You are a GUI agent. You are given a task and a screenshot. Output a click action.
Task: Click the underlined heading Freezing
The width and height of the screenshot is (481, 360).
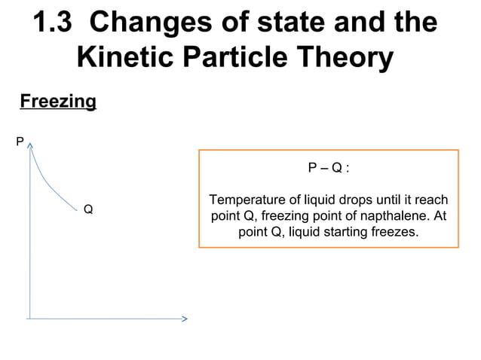point(57,101)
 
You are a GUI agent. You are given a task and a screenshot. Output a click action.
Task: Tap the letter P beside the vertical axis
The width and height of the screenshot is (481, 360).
point(20,141)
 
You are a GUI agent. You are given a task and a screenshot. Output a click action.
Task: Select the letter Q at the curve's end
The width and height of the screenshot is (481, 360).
point(88,209)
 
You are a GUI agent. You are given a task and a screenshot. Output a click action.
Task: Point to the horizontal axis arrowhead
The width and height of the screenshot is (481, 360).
point(183,319)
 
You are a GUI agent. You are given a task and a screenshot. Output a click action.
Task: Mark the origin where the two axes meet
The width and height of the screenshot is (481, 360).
point(30,319)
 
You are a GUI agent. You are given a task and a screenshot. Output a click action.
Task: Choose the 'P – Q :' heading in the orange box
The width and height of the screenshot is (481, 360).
point(329,168)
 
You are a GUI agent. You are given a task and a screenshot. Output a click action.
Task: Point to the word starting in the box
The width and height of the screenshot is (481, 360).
point(340,232)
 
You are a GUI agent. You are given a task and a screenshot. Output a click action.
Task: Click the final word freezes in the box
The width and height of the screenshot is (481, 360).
point(394,232)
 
